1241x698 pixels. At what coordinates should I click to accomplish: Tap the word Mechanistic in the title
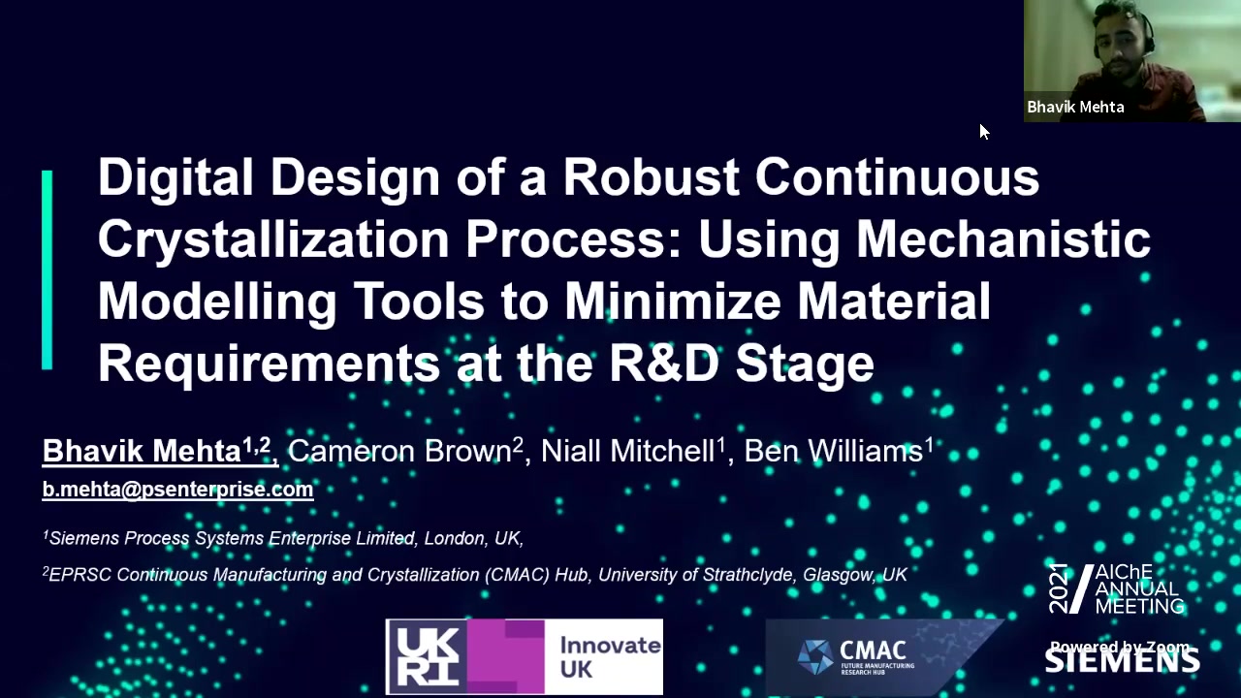pos(1002,238)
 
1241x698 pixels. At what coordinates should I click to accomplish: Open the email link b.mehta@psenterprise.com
pos(177,490)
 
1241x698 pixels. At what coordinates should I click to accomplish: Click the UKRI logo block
pos(465,657)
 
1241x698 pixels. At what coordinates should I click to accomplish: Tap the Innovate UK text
pos(610,657)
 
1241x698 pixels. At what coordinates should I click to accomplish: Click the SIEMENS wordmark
pos(1123,661)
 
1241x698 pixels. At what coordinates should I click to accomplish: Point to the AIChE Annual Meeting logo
pos(1116,588)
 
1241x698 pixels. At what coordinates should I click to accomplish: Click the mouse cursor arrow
pos(983,132)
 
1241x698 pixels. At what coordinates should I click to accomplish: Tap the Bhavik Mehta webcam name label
pos(1075,107)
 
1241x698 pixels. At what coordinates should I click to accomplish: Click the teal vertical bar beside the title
pos(48,270)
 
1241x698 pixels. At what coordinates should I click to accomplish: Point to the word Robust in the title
pos(652,177)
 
